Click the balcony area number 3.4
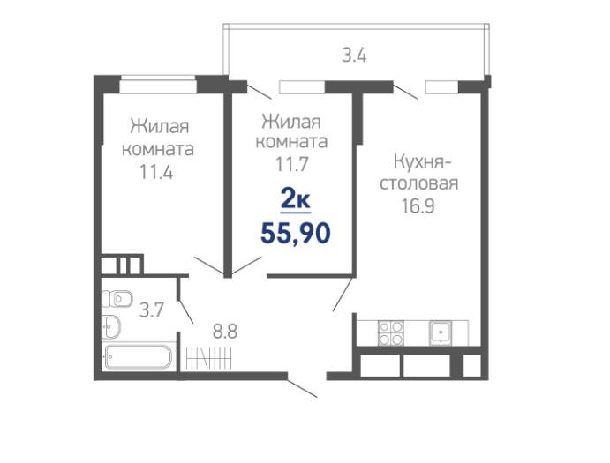[354, 56]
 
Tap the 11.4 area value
[156, 172]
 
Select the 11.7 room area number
[292, 164]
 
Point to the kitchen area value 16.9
[418, 206]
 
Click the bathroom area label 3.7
[151, 310]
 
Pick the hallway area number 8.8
[225, 332]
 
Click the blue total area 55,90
[295, 234]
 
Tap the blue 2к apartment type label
[295, 200]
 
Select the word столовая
[419, 183]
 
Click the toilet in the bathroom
[117, 299]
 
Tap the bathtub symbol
[138, 357]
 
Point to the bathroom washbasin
[111, 326]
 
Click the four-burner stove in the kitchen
[390, 333]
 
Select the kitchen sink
[441, 333]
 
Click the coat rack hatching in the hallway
[209, 358]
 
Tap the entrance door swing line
[302, 387]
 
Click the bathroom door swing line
[185, 311]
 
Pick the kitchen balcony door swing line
[405, 91]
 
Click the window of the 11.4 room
[157, 85]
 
